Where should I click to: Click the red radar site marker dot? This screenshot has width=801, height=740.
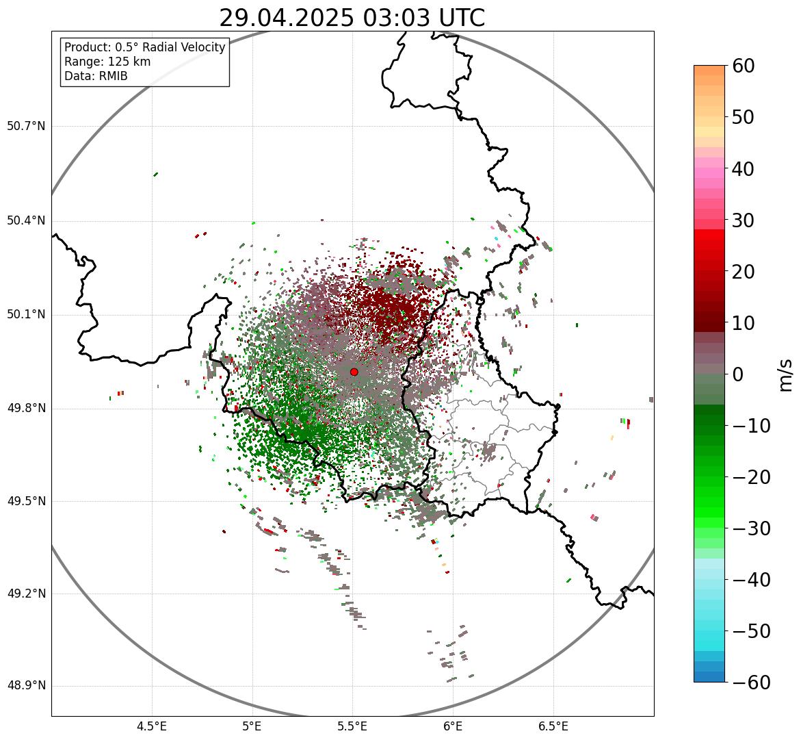[354, 372]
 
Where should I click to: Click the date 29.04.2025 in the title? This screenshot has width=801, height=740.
[287, 18]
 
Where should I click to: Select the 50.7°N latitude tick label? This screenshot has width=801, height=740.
[26, 126]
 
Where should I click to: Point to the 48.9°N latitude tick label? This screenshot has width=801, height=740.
[26, 686]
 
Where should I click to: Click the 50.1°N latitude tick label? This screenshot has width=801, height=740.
[26, 315]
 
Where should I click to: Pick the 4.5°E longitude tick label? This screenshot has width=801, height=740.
[152, 726]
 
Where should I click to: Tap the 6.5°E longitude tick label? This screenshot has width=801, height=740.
[553, 726]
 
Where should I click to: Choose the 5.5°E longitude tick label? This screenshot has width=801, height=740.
[352, 726]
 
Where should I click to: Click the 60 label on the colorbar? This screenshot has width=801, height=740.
[744, 66]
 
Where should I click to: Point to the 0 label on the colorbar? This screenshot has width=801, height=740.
[738, 374]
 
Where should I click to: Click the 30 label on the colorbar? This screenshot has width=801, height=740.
[744, 220]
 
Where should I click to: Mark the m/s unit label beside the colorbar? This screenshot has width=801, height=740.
[786, 374]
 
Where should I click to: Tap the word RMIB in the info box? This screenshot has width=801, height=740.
[112, 76]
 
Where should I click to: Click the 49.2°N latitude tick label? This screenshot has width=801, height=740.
[26, 594]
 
